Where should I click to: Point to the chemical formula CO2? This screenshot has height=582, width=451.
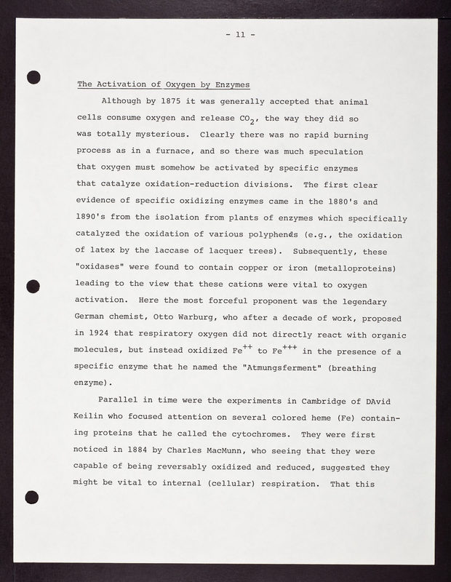(250, 119)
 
